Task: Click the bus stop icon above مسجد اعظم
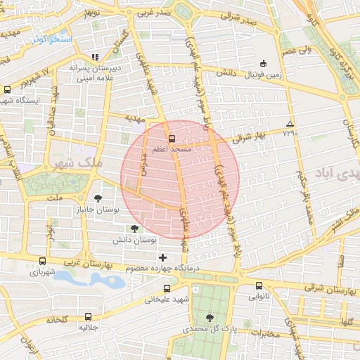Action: tap(172, 139)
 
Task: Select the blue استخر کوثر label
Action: tap(51, 39)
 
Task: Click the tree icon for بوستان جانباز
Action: tap(98, 198)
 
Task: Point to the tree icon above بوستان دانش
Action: tap(134, 229)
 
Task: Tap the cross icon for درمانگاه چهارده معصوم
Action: tap(163, 257)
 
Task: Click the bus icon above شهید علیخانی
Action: tap(167, 288)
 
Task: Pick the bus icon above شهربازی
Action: tap(43, 261)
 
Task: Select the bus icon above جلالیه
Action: tap(88, 316)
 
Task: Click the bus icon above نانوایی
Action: tap(259, 286)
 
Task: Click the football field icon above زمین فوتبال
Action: tap(264, 64)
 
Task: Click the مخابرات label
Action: tap(264, 333)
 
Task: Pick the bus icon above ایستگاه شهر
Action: tap(7, 89)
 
